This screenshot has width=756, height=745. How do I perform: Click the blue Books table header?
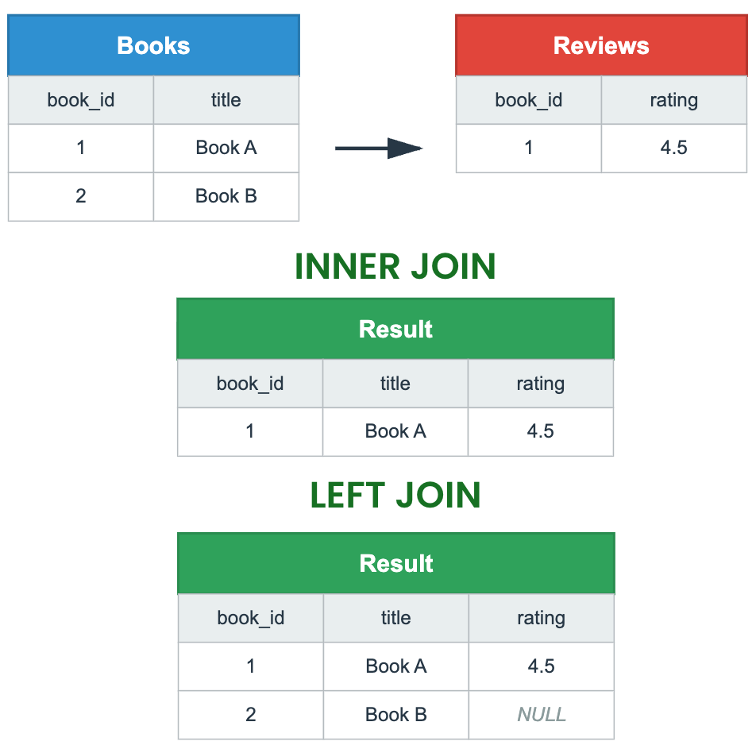[153, 45]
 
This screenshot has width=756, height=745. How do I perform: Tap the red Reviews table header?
[601, 45]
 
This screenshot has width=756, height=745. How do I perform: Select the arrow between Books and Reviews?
[378, 148]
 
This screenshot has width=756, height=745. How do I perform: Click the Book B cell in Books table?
[226, 196]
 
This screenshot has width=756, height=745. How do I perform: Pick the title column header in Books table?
[226, 100]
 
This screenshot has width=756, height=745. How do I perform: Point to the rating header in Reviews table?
[673, 100]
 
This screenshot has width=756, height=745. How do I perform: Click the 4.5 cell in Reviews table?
[673, 148]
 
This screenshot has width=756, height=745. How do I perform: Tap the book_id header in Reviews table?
[528, 100]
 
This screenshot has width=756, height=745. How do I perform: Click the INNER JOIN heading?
[395, 267]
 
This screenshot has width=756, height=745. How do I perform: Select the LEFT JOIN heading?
[395, 496]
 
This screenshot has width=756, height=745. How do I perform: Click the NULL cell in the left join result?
[542, 715]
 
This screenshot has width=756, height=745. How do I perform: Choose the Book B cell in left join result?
[396, 715]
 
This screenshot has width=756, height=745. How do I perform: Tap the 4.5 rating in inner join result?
[541, 431]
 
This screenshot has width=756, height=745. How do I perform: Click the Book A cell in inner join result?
[395, 431]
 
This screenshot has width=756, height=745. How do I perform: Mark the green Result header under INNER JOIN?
[395, 329]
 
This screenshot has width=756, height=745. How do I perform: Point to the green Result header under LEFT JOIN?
[396, 563]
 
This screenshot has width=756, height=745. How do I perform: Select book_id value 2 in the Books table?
[80, 196]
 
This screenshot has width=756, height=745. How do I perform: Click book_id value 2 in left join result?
[251, 715]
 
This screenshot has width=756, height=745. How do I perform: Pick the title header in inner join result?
[395, 384]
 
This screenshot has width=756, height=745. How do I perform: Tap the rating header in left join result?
[542, 618]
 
